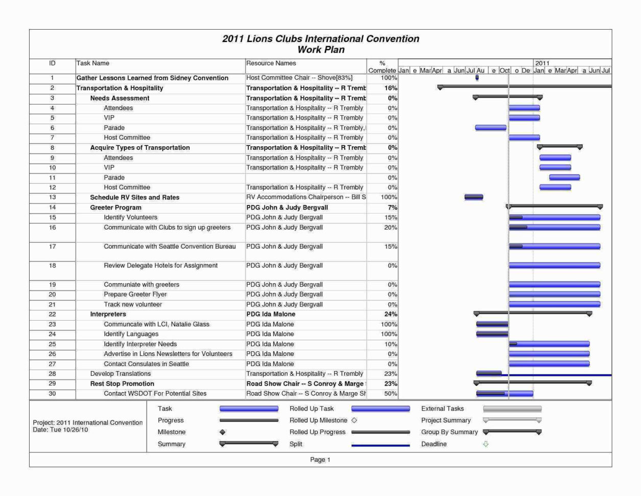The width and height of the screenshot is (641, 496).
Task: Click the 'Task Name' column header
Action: [x=93, y=63]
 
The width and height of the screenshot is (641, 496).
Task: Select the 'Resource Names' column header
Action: [x=271, y=63]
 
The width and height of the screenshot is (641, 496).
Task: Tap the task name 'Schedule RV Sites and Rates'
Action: [x=134, y=197]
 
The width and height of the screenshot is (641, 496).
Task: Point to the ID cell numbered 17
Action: [x=52, y=246]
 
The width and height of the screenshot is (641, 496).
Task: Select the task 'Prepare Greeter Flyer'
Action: [x=135, y=295]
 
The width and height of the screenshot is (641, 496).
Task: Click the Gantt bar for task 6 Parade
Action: [x=490, y=128]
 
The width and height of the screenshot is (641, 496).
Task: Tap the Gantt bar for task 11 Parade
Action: [x=564, y=177]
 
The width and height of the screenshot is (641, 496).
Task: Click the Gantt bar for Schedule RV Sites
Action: [x=473, y=197]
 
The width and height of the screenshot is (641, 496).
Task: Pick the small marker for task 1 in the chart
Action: [x=477, y=78]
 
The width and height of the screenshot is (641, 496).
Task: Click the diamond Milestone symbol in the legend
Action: [x=222, y=433]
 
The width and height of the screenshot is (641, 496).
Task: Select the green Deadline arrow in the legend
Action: [x=486, y=444]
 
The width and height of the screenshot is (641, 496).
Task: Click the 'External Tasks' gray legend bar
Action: [x=512, y=409]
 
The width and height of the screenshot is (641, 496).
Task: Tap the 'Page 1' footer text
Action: [x=320, y=460]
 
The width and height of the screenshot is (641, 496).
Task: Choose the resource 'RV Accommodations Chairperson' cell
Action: [x=306, y=197]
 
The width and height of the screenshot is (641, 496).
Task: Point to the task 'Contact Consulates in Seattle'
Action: [x=146, y=364]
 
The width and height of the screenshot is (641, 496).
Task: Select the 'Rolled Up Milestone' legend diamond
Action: [x=354, y=420]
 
